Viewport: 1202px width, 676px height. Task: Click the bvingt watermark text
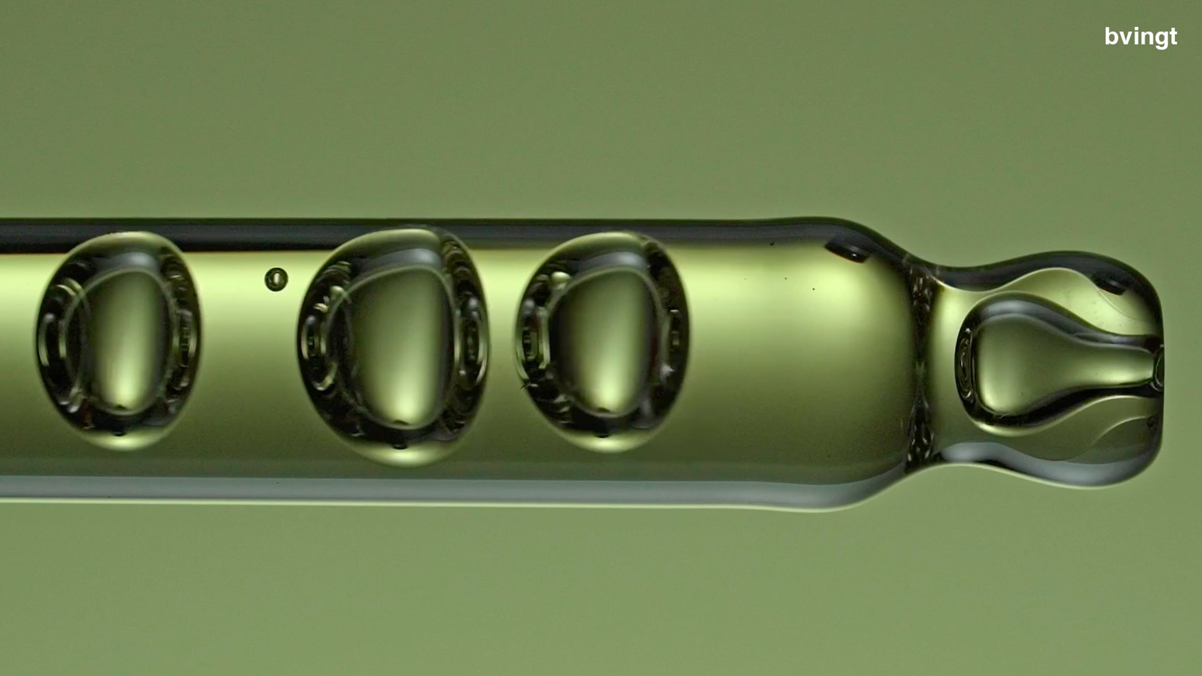pyautogui.click(x=1141, y=37)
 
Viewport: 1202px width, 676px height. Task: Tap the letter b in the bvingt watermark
pyautogui.click(x=1111, y=36)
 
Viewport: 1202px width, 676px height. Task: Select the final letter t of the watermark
pyautogui.click(x=1173, y=37)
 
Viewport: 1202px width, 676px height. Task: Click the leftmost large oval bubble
pyautogui.click(x=118, y=341)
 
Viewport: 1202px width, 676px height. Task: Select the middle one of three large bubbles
pyautogui.click(x=393, y=346)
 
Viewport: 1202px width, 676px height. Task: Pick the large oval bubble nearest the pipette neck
pyautogui.click(x=602, y=342)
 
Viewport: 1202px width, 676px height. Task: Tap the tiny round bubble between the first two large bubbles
pyautogui.click(x=276, y=279)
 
